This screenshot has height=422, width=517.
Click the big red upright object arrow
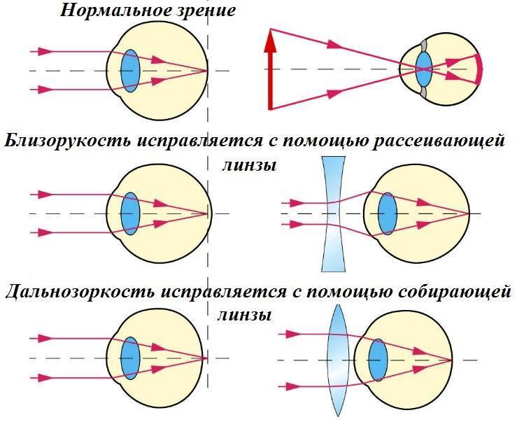coord(270,69)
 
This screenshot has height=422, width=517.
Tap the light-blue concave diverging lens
coord(333,214)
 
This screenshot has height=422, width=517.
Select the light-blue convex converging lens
coord(339,360)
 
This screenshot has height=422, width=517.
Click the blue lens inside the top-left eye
coord(130,71)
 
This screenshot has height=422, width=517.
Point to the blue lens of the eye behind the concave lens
coord(388,214)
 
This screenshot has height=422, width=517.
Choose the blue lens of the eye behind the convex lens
coord(378,360)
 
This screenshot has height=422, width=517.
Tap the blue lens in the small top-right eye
coord(424,69)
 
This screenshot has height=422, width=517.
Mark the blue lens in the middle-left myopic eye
coord(130,214)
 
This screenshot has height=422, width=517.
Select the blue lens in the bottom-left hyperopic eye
coord(130,358)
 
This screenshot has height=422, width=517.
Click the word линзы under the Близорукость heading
coord(248,166)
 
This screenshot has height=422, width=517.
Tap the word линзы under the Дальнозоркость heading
coord(244,315)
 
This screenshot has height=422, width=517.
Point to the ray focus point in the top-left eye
coord(207,71)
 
